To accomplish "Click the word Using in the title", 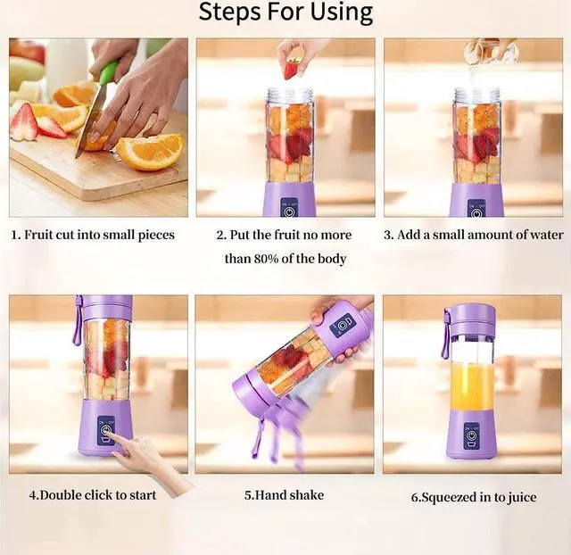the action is (x=343, y=12).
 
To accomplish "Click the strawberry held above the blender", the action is (x=292, y=70).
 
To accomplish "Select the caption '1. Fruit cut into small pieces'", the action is (x=93, y=235).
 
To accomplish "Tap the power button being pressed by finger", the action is (x=106, y=430).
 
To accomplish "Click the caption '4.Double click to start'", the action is (x=93, y=495).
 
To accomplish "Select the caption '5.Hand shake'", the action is (x=284, y=495).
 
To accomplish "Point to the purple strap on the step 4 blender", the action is (x=78, y=321).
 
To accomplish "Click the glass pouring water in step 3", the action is (x=490, y=50).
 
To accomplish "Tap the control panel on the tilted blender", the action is (x=342, y=325).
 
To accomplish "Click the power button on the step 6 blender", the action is (x=471, y=436).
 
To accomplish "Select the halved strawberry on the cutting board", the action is (x=25, y=122).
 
